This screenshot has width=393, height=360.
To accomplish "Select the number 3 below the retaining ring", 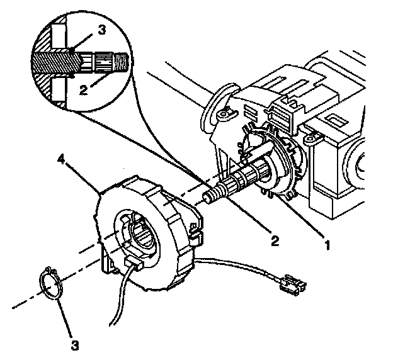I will (76, 344).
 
